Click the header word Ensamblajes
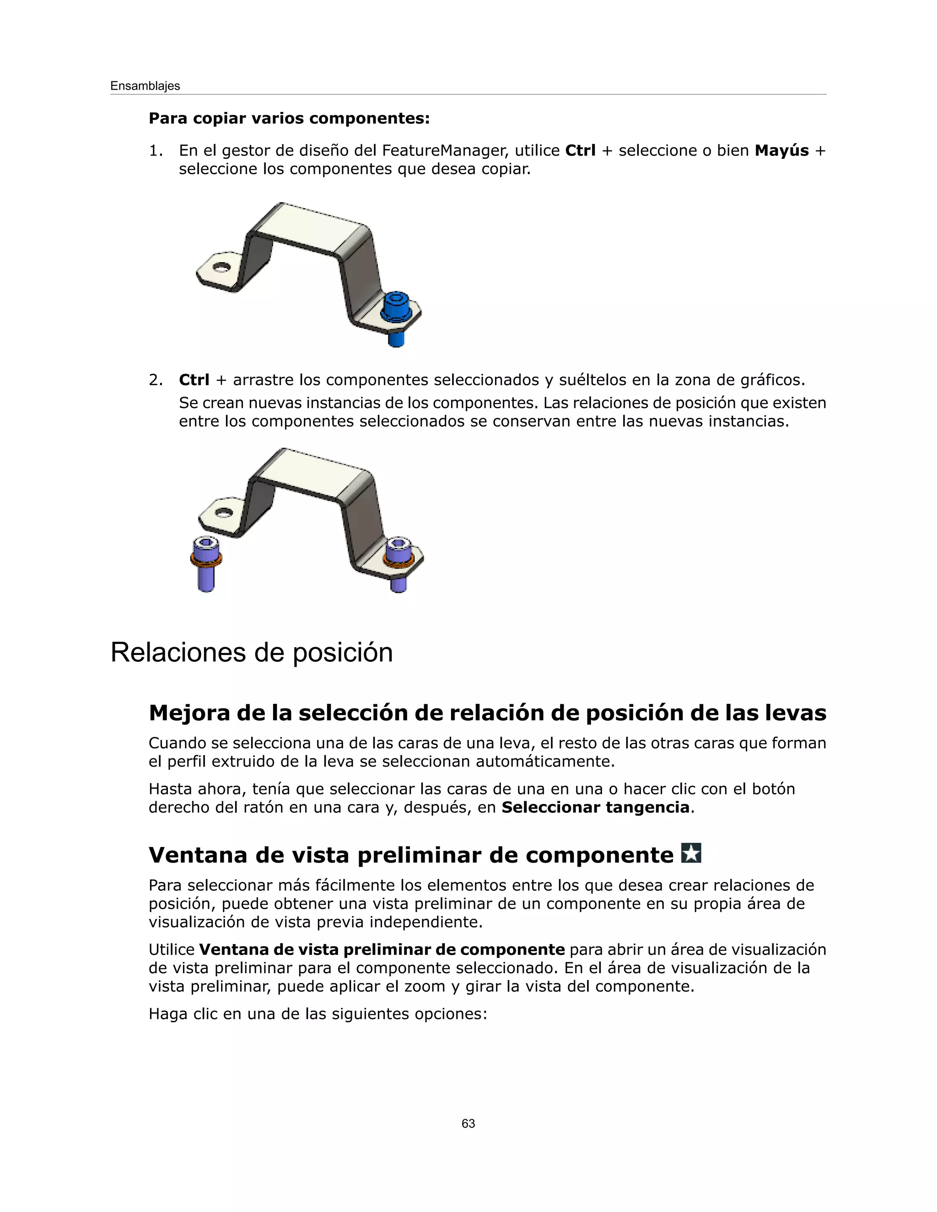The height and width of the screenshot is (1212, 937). tap(145, 86)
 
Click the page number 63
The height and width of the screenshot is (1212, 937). tap(468, 1123)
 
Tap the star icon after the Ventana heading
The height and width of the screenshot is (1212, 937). tap(691, 853)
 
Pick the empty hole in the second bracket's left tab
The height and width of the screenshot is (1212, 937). tap(224, 512)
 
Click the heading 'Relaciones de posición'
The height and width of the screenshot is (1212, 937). tap(252, 652)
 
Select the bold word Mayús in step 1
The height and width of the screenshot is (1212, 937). tap(781, 151)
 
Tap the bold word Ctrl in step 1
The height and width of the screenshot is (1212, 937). tap(580, 151)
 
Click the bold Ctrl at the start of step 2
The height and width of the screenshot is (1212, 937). tap(194, 380)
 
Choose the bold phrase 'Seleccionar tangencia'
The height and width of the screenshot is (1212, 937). tap(595, 807)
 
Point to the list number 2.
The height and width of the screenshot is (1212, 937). tap(156, 380)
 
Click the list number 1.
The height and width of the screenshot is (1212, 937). tap(156, 151)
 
